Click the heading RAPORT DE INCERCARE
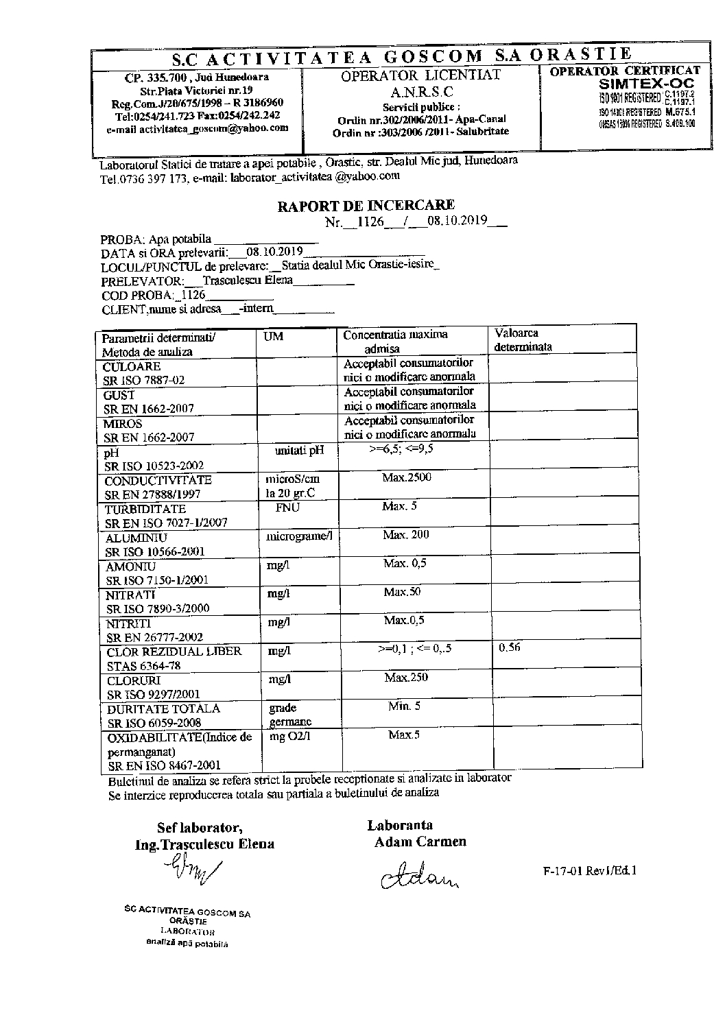tap(366, 205)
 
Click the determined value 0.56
tap(510, 647)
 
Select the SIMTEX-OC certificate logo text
tap(646, 84)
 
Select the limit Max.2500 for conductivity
tap(407, 477)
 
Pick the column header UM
tap(273, 337)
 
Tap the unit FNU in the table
tap(287, 508)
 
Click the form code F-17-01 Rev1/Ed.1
tap(589, 870)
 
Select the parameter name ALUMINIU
tap(136, 538)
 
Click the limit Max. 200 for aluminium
tap(406, 534)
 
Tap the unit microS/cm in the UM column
tap(292, 479)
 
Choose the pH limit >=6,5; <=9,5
tap(401, 449)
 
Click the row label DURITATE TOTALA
tap(163, 708)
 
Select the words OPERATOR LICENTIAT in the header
tap(421, 75)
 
